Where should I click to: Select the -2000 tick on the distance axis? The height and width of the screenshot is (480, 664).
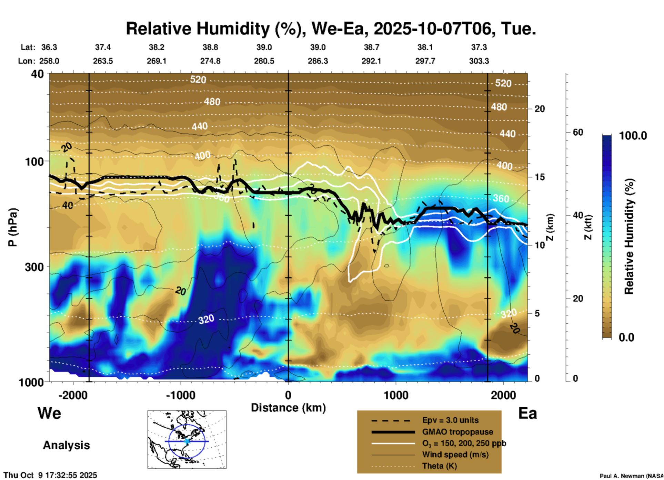(x=73, y=395)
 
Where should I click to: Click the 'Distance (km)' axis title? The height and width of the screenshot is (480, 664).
(x=288, y=408)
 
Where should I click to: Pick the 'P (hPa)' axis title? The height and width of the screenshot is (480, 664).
(x=12, y=227)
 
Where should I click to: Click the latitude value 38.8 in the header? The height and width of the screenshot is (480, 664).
(x=210, y=47)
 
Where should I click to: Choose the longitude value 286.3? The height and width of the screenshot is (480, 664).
(x=318, y=61)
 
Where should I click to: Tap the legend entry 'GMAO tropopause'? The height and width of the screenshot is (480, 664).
(x=457, y=432)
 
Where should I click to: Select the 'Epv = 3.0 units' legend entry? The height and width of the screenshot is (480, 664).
(x=450, y=420)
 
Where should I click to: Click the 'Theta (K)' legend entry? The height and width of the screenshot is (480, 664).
(x=439, y=466)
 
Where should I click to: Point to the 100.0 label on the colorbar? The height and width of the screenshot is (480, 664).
(x=633, y=136)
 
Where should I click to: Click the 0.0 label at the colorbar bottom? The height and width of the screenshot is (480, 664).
(x=626, y=337)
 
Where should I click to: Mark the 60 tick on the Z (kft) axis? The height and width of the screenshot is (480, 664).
(x=578, y=132)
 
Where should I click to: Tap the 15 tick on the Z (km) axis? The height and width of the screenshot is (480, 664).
(x=540, y=177)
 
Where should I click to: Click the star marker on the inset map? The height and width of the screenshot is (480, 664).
(x=187, y=441)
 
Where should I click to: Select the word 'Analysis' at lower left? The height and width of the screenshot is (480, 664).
(x=66, y=445)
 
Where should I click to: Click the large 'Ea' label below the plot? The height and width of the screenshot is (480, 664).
(x=527, y=413)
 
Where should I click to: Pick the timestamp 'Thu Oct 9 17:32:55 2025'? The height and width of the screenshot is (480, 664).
(x=50, y=475)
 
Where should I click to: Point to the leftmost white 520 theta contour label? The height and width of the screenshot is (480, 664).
(x=198, y=80)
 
